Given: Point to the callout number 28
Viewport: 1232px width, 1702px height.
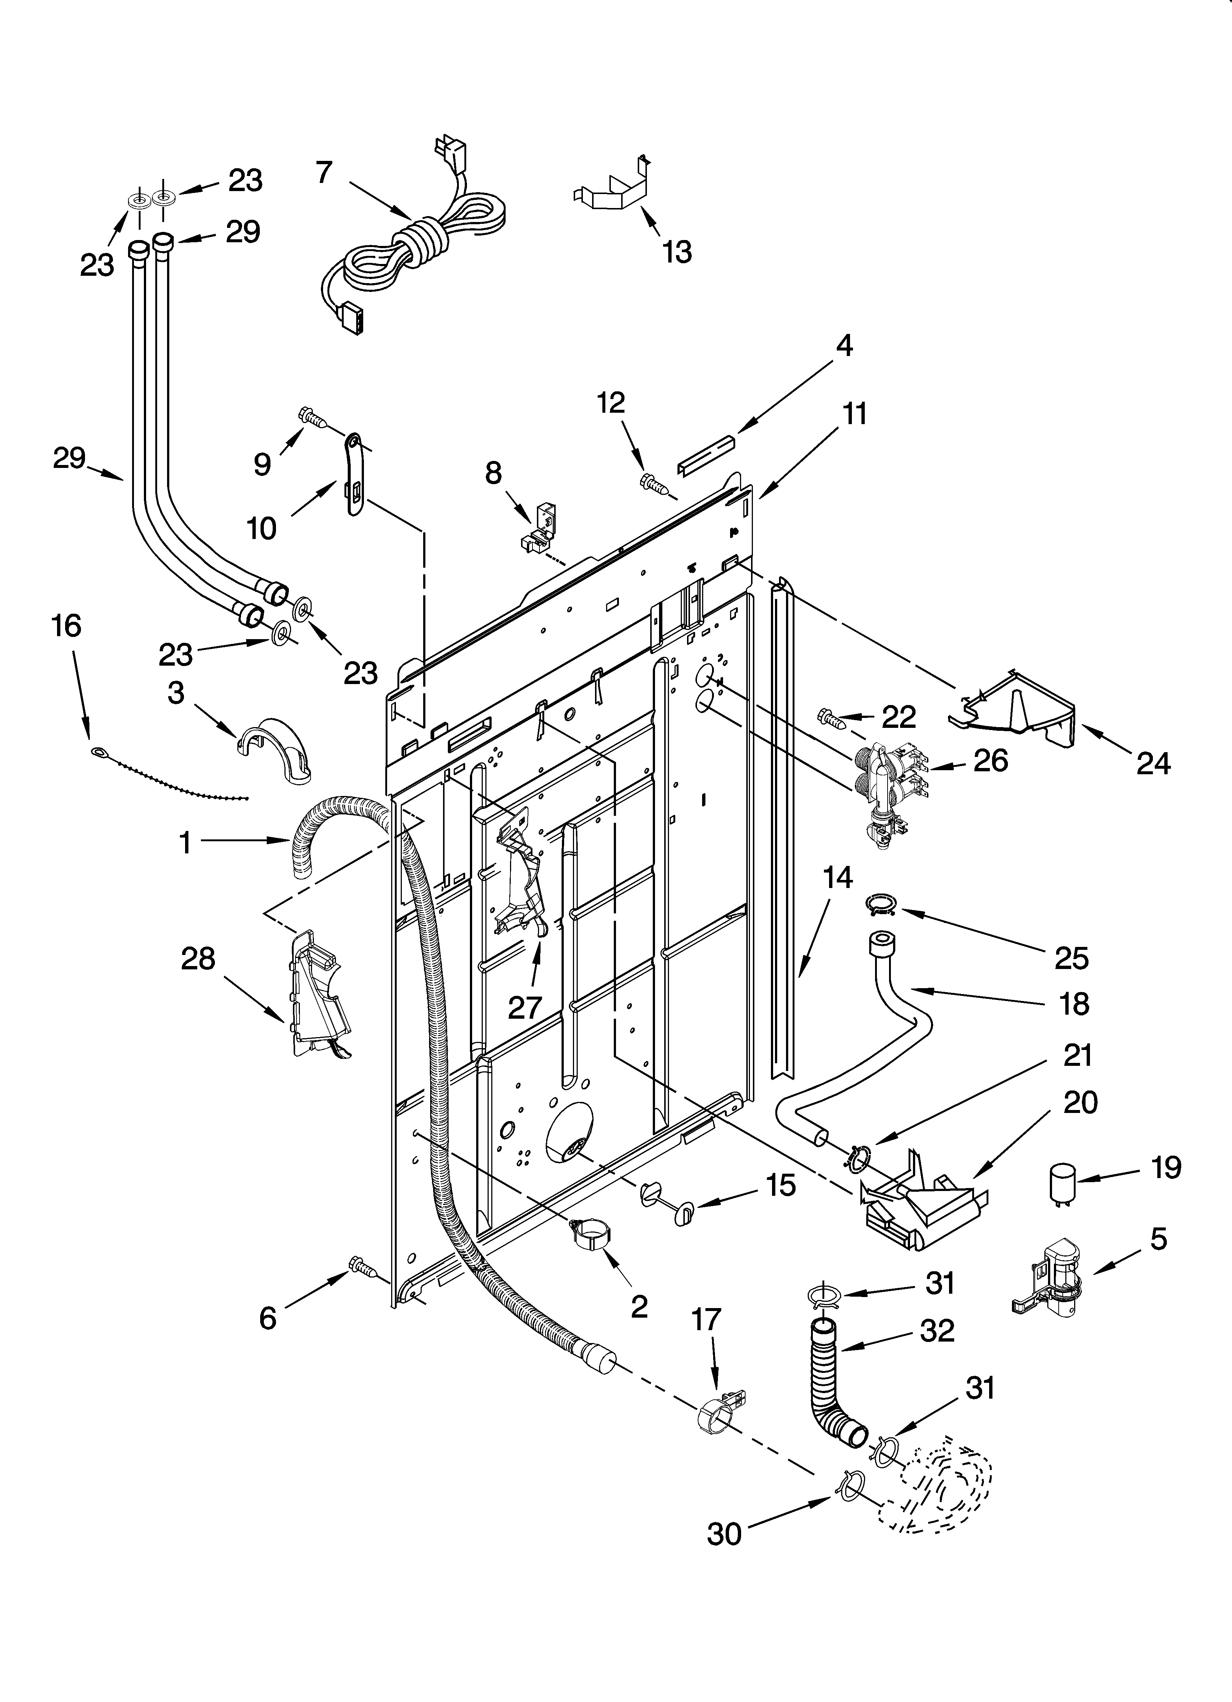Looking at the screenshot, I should [198, 959].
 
